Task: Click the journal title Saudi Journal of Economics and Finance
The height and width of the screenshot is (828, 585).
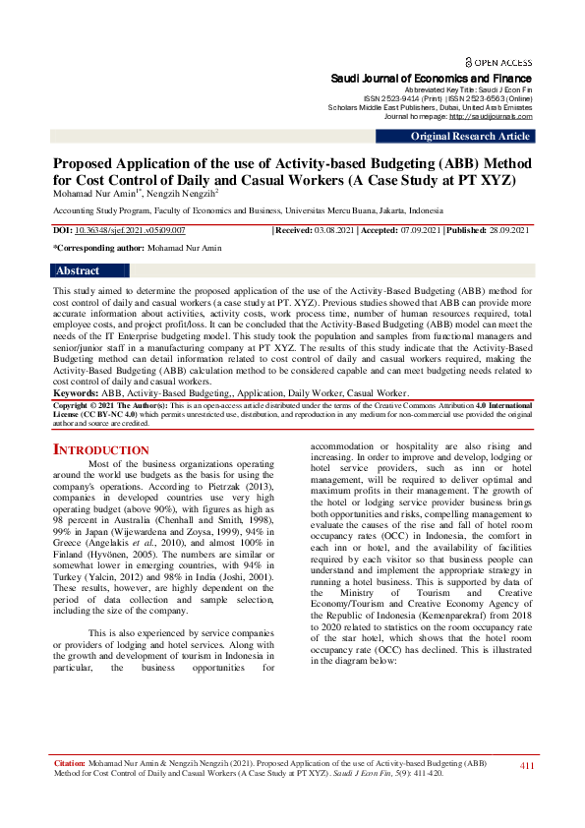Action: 432,78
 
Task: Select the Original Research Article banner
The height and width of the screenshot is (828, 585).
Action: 470,137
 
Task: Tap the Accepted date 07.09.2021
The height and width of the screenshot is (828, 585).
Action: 421,229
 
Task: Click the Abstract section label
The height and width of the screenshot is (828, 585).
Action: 79,270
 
